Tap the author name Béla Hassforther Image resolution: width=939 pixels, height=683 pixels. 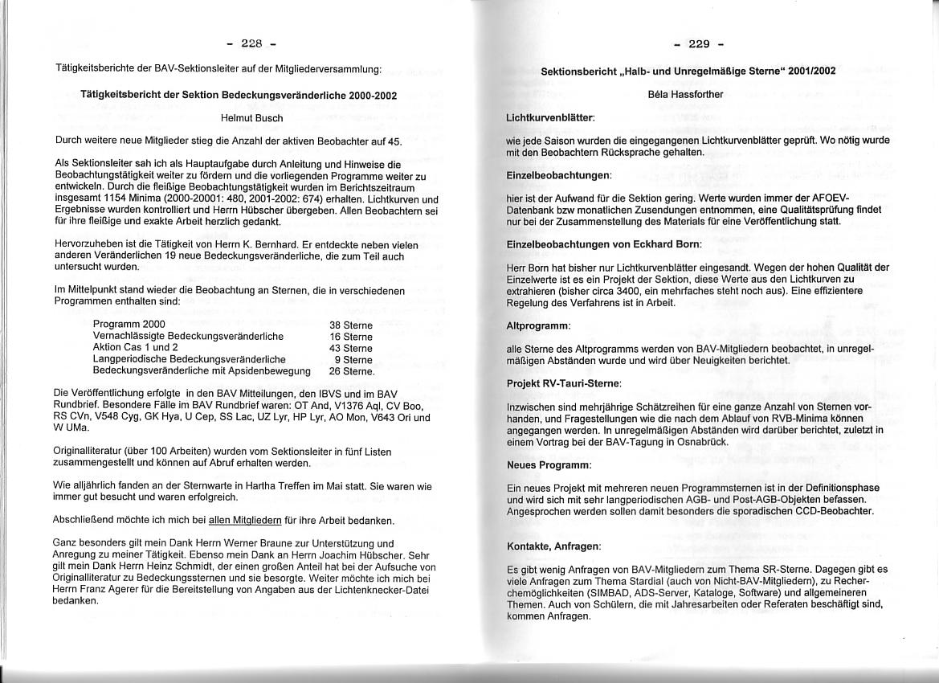click(x=685, y=94)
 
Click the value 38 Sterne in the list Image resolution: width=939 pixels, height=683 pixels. click(x=350, y=325)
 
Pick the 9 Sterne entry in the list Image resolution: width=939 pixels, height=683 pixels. click(x=353, y=360)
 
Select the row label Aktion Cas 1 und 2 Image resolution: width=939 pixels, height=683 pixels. click(x=136, y=348)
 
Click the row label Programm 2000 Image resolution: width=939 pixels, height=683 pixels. click(x=129, y=325)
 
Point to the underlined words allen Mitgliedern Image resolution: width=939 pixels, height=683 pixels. click(x=246, y=520)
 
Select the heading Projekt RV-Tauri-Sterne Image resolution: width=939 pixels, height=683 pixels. click(x=564, y=384)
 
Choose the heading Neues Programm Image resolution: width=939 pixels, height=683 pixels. click(x=549, y=465)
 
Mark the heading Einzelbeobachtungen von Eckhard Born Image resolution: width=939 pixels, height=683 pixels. click(x=604, y=243)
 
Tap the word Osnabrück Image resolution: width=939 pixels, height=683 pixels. click(x=684, y=442)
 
